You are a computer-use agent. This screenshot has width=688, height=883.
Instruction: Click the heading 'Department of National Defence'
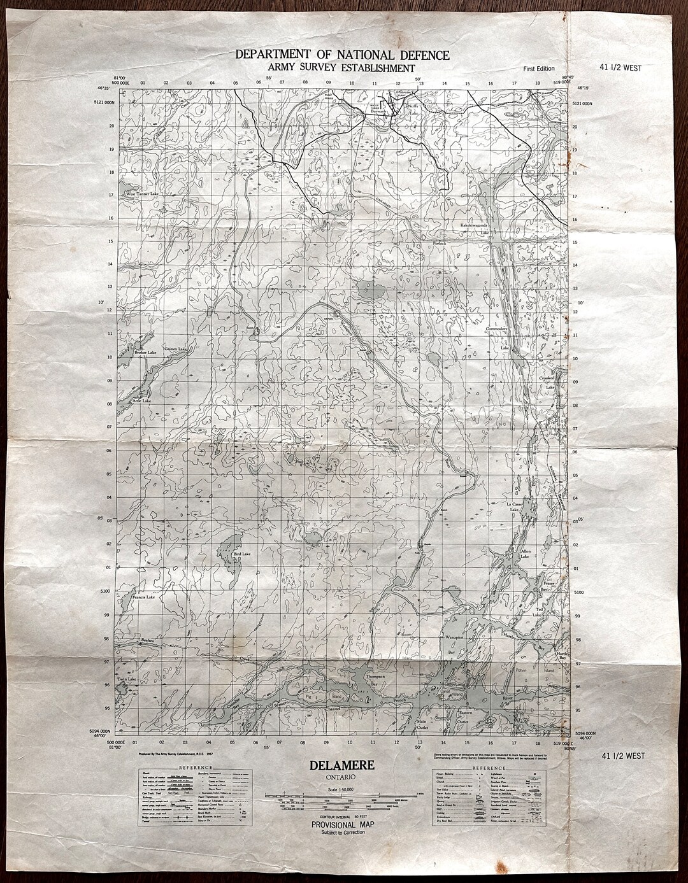[x=342, y=55]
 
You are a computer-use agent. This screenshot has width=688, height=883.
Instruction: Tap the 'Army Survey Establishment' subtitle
[x=342, y=68]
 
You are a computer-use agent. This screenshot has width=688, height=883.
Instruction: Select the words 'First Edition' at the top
[x=538, y=69]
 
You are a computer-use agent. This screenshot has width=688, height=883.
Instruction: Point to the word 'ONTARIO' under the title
[x=342, y=777]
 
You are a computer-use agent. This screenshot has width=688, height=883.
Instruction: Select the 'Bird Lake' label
[x=243, y=555]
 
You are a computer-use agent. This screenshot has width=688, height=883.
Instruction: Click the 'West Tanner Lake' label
[x=141, y=194]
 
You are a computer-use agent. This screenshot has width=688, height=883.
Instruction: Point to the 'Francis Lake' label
[x=144, y=598]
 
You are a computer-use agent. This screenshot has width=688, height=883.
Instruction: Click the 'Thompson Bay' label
[x=375, y=679]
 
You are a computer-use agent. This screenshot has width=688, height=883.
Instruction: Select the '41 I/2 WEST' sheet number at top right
[x=620, y=68]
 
